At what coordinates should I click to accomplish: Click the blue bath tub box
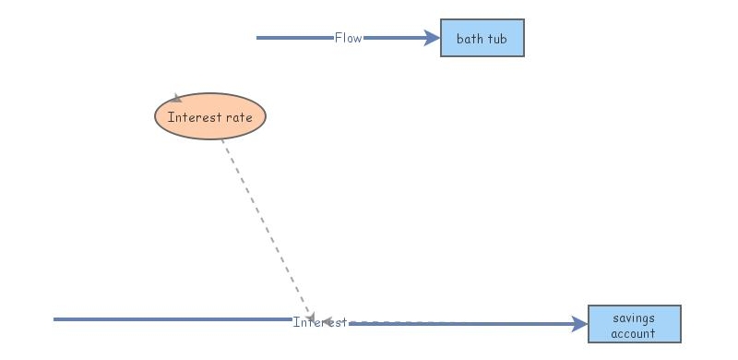coord(482,38)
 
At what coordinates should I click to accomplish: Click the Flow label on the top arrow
coord(348,38)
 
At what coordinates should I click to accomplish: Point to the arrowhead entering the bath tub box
coord(433,38)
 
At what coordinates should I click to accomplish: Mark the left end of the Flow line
coord(258,38)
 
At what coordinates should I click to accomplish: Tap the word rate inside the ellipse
coord(238,117)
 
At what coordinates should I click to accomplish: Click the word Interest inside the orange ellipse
coord(195,117)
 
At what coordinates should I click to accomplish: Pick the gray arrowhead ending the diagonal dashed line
coord(311,316)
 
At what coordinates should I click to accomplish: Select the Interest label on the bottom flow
coord(319,322)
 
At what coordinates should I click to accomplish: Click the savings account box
coord(634,324)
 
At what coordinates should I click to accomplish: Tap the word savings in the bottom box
coord(634,318)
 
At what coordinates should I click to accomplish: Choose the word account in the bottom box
coord(634,333)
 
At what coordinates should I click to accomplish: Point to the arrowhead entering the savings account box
coord(580,324)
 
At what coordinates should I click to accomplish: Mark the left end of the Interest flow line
coord(55,319)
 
